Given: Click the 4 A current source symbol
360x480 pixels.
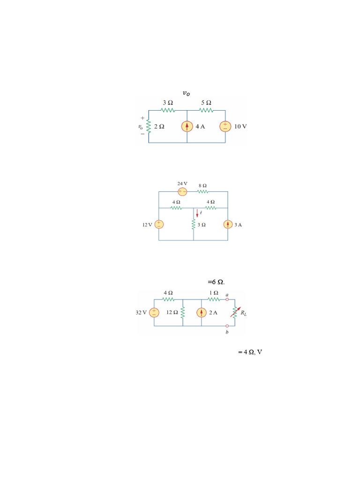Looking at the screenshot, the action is (x=187, y=127).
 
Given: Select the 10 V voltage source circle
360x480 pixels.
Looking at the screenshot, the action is (x=225, y=127).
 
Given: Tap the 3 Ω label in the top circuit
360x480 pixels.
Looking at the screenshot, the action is (x=168, y=103).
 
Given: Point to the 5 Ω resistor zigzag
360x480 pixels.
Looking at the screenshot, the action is (x=206, y=110).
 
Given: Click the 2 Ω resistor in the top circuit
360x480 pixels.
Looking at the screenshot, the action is (x=149, y=126).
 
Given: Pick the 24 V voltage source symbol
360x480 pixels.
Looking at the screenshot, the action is (x=182, y=192).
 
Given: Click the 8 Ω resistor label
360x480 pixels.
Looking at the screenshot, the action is (x=202, y=186).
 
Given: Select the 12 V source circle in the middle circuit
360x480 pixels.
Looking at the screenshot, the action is (x=159, y=225).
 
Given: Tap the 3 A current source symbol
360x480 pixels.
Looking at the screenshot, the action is (x=228, y=225).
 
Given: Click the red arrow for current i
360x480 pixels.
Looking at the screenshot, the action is (x=197, y=213).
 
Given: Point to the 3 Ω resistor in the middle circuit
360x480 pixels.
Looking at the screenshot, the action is (x=194, y=225).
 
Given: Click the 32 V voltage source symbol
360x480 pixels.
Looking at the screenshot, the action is (x=154, y=313).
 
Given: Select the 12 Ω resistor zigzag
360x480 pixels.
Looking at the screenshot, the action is (x=183, y=313).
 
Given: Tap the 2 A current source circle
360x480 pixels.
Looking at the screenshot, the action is (x=202, y=313).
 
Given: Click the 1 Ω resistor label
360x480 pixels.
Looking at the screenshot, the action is (x=214, y=293).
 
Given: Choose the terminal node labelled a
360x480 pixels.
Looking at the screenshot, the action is (x=227, y=300).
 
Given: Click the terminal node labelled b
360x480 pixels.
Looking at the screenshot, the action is (x=227, y=326).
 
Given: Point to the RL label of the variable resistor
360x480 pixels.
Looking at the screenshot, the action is (x=243, y=313).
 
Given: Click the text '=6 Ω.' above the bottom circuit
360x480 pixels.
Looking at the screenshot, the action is (x=216, y=282).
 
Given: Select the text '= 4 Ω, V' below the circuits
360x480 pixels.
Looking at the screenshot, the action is (x=250, y=352).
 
